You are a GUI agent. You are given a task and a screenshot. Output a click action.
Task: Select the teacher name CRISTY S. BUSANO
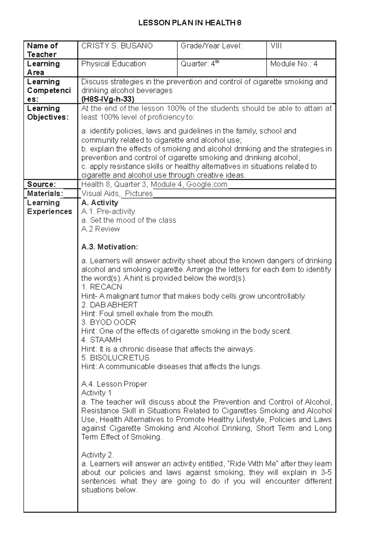click(117, 46)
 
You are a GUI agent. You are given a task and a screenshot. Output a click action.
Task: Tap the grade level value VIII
click(276, 46)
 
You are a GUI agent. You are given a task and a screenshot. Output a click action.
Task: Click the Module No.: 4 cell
click(294, 64)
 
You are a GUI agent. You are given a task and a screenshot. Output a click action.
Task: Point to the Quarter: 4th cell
click(200, 64)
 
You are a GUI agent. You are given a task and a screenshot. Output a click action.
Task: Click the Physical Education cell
click(113, 64)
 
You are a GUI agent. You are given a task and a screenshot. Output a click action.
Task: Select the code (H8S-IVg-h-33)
click(108, 99)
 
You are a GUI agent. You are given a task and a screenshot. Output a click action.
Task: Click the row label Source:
click(41, 184)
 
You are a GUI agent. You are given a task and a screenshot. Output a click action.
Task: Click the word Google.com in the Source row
click(206, 184)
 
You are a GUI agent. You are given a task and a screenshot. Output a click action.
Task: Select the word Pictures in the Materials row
click(139, 194)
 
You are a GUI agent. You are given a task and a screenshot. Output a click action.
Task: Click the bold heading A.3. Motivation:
click(110, 247)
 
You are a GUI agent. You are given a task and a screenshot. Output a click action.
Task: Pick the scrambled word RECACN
click(106, 287)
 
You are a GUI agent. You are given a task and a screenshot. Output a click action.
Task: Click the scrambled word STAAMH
click(105, 340)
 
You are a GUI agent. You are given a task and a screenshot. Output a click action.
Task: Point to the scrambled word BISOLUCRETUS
click(119, 358)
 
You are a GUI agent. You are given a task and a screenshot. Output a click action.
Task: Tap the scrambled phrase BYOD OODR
click(113, 322)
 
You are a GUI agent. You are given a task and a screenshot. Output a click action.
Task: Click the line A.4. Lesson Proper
click(114, 384)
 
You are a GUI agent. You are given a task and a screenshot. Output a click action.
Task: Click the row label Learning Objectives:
click(47, 113)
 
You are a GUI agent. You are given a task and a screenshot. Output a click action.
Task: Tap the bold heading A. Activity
click(99, 203)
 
